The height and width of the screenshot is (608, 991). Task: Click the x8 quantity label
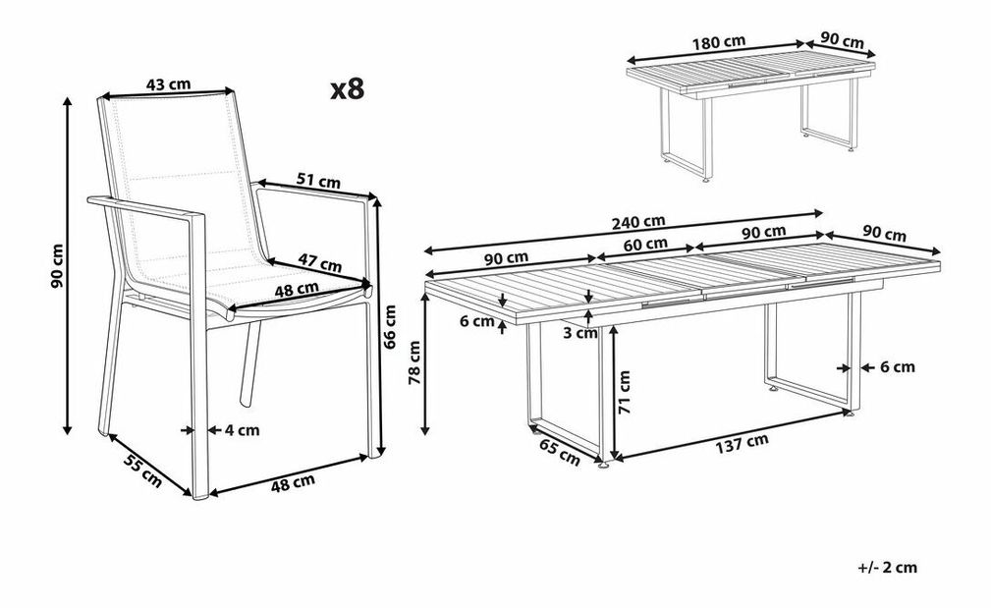coord(348,89)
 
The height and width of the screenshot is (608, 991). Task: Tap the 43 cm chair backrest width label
coord(168,83)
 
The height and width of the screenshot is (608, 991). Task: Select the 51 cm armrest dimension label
coord(318,182)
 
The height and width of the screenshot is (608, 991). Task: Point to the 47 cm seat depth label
coord(320,262)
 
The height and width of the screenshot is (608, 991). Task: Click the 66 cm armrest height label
coord(390,327)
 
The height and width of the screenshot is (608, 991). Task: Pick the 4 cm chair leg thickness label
coord(242,430)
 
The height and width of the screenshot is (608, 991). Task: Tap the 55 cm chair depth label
coord(142,470)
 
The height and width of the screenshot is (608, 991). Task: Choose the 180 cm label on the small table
coord(719,42)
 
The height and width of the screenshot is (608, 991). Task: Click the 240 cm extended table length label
coord(638,221)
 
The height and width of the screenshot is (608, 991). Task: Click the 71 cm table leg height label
coord(625,392)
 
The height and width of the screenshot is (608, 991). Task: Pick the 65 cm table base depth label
coord(559,453)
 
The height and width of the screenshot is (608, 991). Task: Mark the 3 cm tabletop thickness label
coord(580,333)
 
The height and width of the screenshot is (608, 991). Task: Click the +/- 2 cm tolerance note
coord(887,568)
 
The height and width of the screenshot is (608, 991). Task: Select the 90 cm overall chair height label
coord(58,265)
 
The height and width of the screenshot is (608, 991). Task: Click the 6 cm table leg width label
coord(898,366)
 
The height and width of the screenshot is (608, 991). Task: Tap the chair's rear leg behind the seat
coord(249,362)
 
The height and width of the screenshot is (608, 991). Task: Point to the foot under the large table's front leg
coord(605,467)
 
